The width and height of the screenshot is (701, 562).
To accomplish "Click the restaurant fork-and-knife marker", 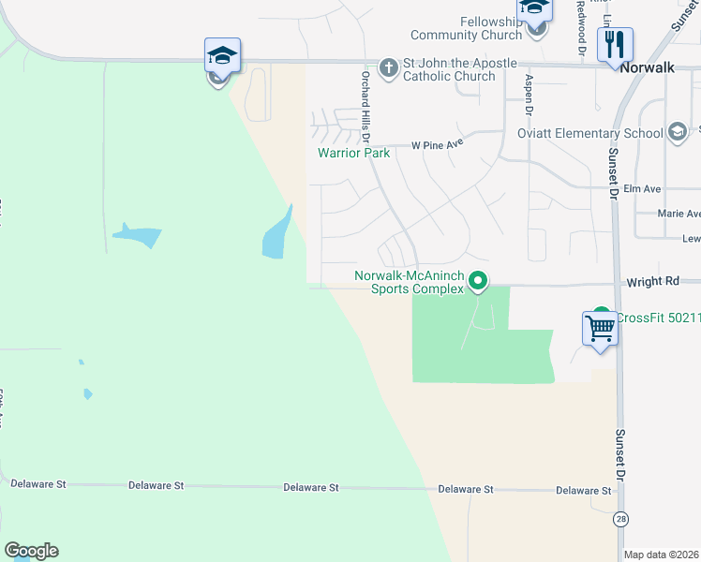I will click(x=615, y=45).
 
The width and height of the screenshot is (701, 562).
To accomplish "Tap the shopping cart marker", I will click(x=600, y=329).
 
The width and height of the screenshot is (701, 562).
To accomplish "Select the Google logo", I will click(x=31, y=551).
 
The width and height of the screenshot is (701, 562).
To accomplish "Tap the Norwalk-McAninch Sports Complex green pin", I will click(x=478, y=280).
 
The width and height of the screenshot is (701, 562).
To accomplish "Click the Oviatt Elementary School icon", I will click(x=678, y=132).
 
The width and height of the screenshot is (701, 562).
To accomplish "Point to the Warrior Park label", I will click(x=353, y=152).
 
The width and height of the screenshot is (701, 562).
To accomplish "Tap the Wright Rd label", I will click(x=661, y=280).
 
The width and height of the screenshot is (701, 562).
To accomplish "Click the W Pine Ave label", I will click(x=438, y=145).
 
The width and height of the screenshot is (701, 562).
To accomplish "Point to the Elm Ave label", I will click(x=649, y=188).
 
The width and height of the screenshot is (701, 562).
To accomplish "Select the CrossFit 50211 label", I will click(x=652, y=318).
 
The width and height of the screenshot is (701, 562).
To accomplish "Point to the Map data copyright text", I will click(x=662, y=555).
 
